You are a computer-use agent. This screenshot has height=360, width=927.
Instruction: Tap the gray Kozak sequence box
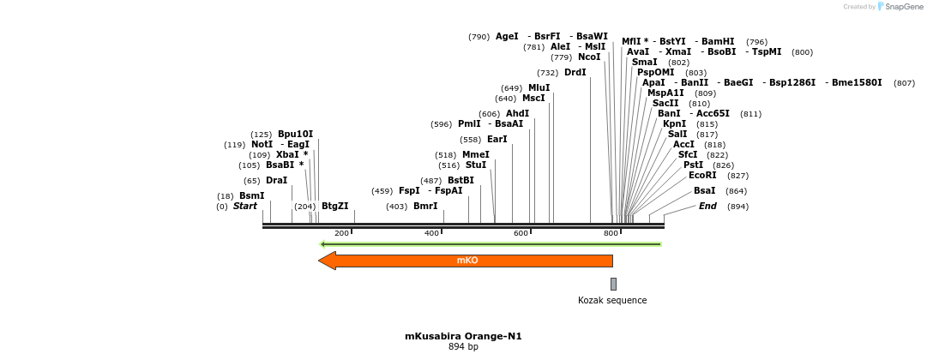613,284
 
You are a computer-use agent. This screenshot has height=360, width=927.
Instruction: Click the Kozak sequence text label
612,300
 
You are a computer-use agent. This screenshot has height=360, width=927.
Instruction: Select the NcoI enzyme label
589,57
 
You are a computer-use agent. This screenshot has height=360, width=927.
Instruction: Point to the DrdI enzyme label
575,73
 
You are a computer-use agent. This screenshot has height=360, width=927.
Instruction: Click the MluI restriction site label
539,88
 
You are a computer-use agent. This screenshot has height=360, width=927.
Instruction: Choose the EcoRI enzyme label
702,176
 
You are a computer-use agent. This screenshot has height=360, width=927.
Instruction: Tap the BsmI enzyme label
251,196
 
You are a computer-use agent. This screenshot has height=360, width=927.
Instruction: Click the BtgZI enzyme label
335,207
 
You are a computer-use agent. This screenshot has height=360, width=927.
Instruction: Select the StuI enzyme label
476,165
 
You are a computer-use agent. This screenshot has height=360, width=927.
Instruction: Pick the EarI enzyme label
497,140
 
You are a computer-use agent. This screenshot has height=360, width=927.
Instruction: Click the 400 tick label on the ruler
431,233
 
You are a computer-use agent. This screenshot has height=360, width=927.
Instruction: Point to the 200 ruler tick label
341,233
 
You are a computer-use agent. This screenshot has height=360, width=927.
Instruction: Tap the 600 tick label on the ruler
521,233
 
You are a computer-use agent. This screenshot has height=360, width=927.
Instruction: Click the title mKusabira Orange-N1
463,336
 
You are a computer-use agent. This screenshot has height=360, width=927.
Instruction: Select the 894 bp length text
463,346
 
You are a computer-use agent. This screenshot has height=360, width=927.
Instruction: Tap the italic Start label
245,207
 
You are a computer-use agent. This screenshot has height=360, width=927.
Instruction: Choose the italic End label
707,207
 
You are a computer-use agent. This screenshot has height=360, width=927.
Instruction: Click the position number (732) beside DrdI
548,73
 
